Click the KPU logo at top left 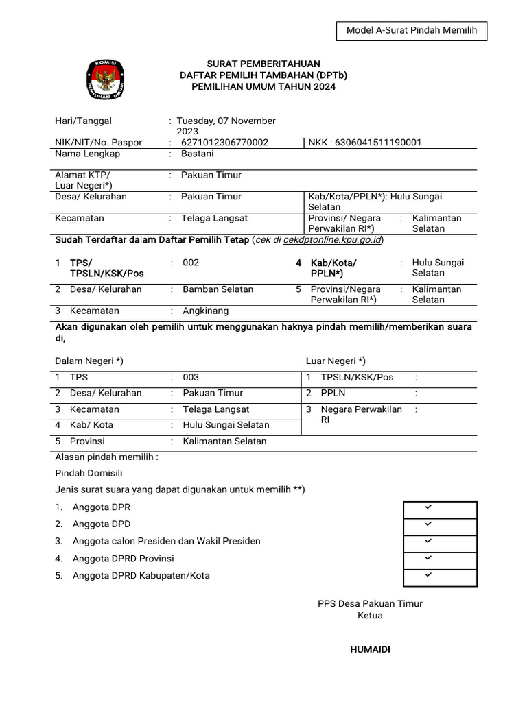[106, 79]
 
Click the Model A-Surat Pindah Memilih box [412, 31]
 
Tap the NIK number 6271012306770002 [224, 143]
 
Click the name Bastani [198, 154]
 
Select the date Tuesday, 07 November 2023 [226, 126]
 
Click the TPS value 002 [191, 263]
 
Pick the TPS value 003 [191, 378]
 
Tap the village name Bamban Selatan [218, 289]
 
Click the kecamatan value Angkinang [205, 311]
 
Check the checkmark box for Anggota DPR [439, 509]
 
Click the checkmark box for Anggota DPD [439, 526]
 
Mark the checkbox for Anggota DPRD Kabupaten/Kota [439, 577]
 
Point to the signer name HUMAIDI [370, 650]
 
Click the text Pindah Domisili [89, 473]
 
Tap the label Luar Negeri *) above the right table [336, 361]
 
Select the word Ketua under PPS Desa [370, 616]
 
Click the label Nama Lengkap [87, 154]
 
